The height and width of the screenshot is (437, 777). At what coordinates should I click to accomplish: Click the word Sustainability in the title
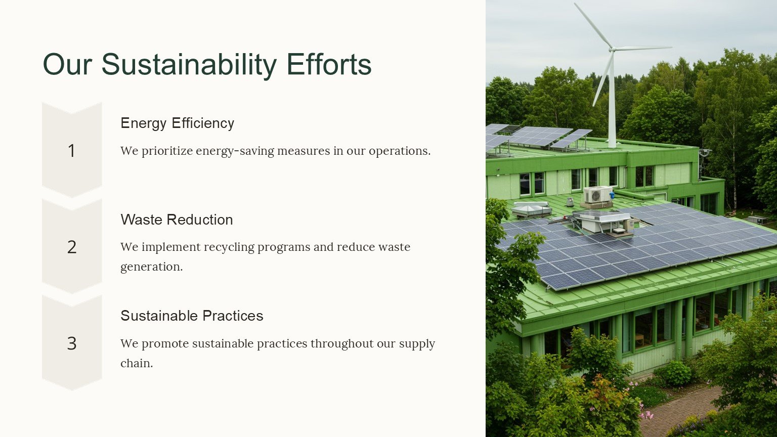coord(189,65)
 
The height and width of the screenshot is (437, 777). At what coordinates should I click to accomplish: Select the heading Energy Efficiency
coord(177,123)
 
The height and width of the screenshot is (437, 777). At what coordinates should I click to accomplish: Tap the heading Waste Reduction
coord(177,220)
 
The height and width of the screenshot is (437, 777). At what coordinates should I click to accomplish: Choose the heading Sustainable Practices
coord(192,316)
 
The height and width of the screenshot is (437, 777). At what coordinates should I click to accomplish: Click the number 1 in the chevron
coord(71,151)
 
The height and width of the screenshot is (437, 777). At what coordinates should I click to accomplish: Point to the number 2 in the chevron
coord(72,247)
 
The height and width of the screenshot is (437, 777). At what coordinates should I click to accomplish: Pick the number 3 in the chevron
coord(72,343)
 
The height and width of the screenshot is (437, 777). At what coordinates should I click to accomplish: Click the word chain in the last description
coord(137,364)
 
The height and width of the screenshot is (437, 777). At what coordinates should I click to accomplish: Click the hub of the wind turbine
coord(613,49)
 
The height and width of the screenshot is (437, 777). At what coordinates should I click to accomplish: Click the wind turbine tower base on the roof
coord(612,144)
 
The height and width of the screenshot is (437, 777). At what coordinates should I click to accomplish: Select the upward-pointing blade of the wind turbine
coord(593,25)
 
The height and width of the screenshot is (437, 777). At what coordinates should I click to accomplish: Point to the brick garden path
coord(680,409)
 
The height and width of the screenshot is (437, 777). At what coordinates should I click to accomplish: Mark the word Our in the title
coord(67,65)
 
